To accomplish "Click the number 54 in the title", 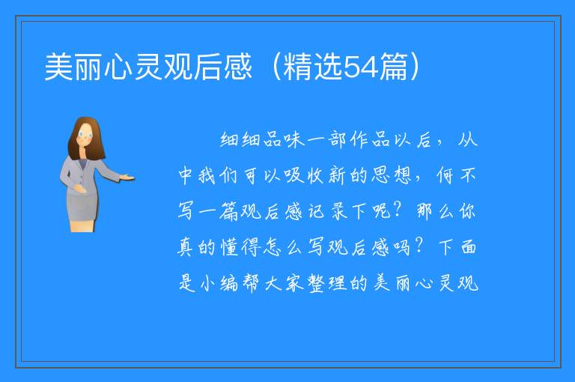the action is click(x=362, y=67).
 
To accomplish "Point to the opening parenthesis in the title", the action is click(x=276, y=67).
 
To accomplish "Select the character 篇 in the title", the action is click(x=394, y=67).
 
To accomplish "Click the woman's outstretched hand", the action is click(x=127, y=178).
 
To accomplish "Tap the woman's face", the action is click(x=85, y=135).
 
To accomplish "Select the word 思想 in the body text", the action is click(x=392, y=175).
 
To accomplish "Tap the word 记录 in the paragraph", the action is click(x=328, y=211).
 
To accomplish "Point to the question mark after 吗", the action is click(x=419, y=246).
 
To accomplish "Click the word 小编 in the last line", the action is click(x=219, y=283).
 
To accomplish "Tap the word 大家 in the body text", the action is click(x=284, y=283).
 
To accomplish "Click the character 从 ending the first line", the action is click(x=467, y=139).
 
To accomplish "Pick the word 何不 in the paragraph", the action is click(x=456, y=175).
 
